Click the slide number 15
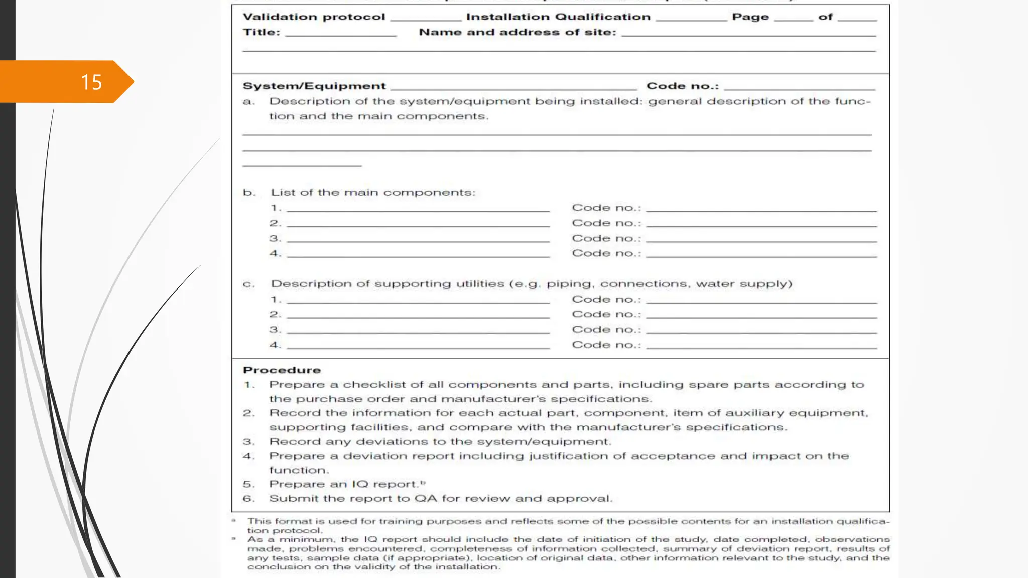[x=91, y=82]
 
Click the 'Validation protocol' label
[x=314, y=17]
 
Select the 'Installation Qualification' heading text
[x=558, y=17]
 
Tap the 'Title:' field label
[x=262, y=32]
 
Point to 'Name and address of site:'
[x=518, y=32]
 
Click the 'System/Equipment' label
[x=314, y=86]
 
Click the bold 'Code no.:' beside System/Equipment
[x=683, y=86]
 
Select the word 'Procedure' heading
[x=282, y=370]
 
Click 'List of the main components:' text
[x=373, y=193]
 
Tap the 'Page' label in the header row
[x=750, y=17]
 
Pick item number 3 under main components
[x=275, y=238]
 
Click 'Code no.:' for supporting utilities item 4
[x=606, y=345]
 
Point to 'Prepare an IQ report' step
[x=344, y=484]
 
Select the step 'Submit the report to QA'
[x=441, y=499]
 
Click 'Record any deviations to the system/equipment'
[x=440, y=442]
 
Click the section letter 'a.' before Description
[x=248, y=102]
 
